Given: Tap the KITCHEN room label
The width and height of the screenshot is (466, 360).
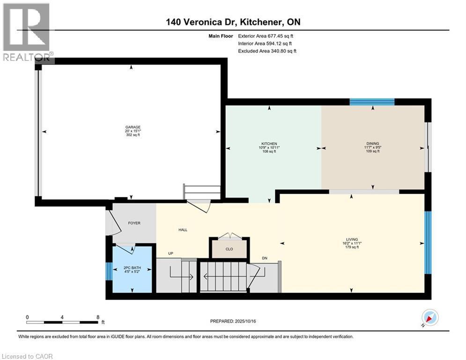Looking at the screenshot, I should (269, 143).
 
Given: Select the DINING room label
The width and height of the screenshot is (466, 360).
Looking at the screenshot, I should (373, 143).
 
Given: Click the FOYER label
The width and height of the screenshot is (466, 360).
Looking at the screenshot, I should (134, 223).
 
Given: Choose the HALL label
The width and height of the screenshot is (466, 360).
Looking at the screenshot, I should (183, 230).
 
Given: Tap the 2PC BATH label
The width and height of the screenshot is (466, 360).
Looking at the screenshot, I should (132, 268).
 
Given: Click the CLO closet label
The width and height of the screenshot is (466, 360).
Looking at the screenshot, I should (229, 249).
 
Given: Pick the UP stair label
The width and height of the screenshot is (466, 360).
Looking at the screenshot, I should (171, 254).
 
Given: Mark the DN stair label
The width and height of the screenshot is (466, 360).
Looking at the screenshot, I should (265, 258).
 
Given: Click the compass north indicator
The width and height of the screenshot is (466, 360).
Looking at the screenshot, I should (429, 318).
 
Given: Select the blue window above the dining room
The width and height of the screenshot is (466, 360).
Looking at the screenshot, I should (372, 102).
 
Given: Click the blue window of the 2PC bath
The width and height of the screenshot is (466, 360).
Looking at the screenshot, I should (109, 271).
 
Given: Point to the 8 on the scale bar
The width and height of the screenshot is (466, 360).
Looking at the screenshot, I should (97, 316).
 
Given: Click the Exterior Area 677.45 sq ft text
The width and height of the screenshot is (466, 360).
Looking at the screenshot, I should (266, 36).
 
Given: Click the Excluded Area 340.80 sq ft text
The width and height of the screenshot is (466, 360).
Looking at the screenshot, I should (267, 51).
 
